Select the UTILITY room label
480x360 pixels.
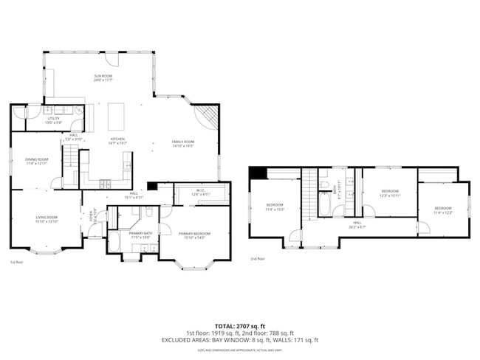(54, 120)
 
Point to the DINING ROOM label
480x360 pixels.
(37, 161)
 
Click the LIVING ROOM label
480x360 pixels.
(47, 218)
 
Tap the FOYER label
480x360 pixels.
(92, 218)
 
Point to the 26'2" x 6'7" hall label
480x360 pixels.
(357, 225)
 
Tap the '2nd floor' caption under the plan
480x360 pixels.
(257, 259)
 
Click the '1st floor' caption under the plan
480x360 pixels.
(16, 262)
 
